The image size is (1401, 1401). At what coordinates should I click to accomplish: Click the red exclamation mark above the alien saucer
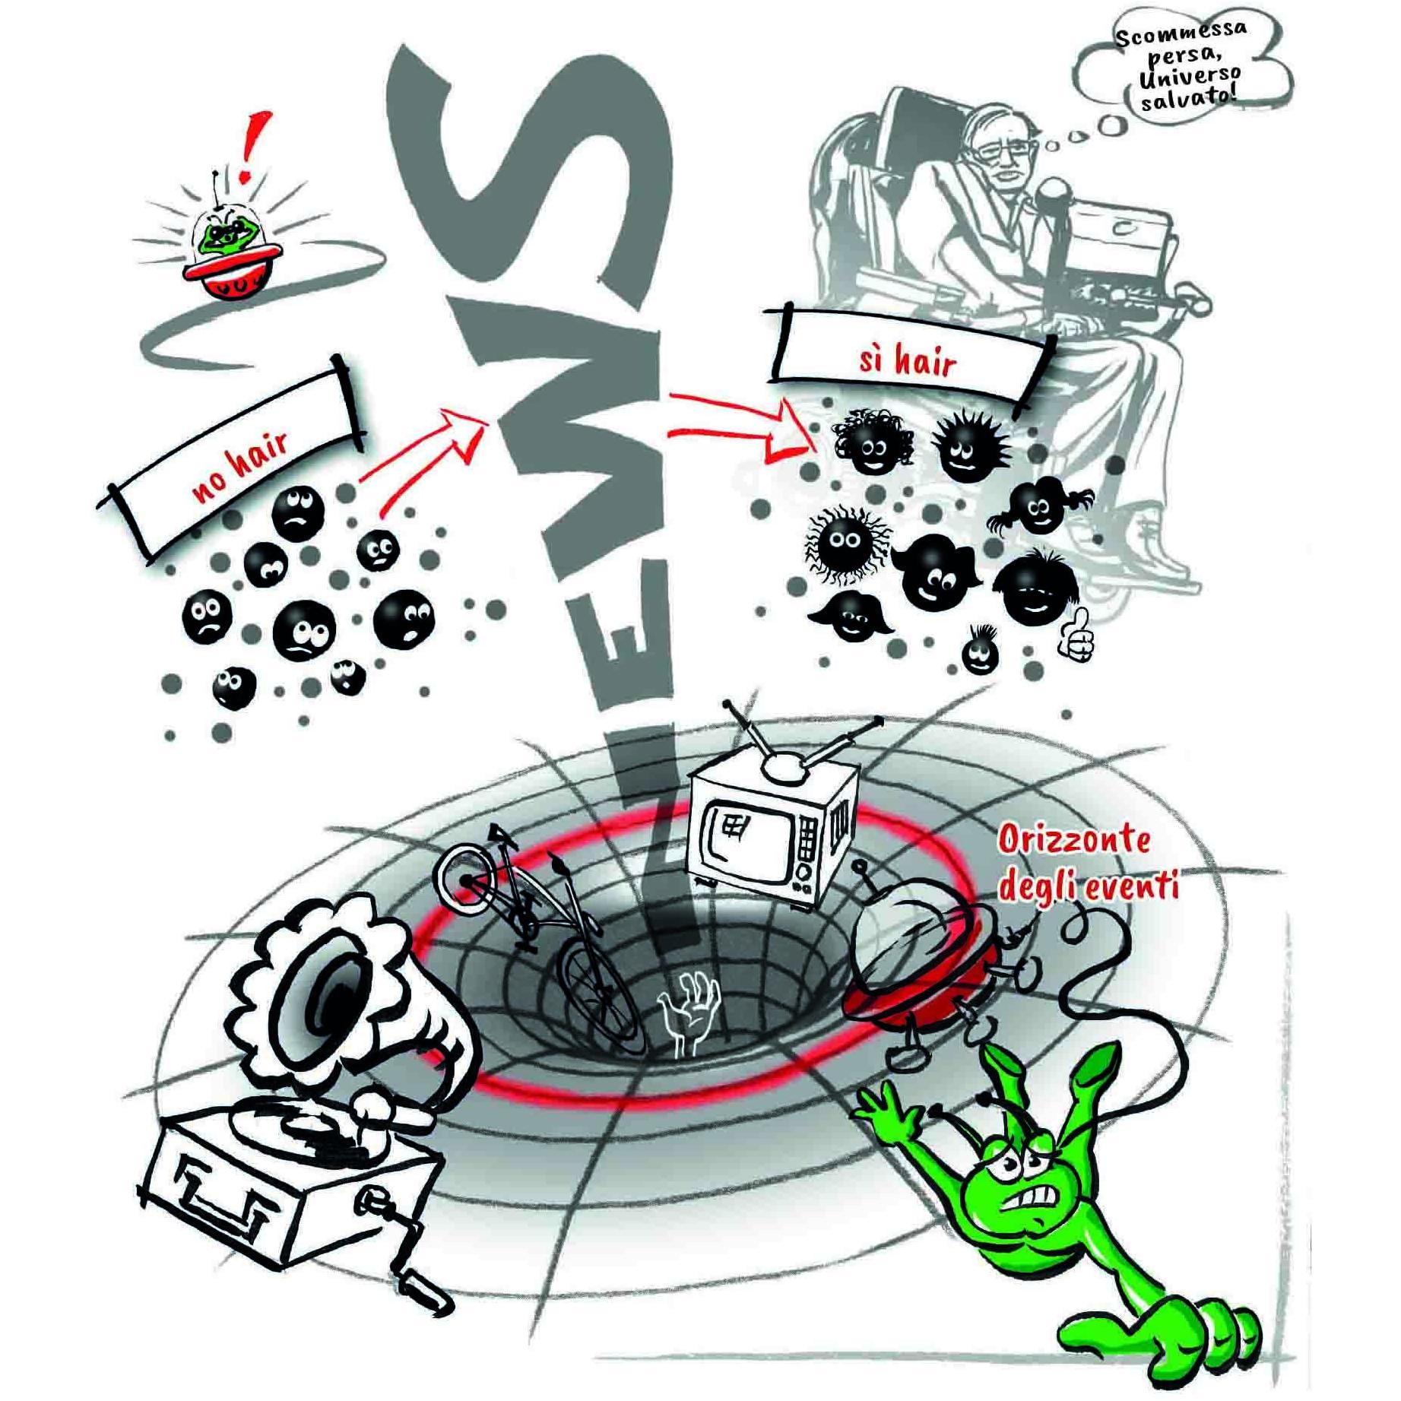pyautogui.click(x=255, y=147)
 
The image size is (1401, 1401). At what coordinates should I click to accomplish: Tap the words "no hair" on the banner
pyautogui.click(x=240, y=464)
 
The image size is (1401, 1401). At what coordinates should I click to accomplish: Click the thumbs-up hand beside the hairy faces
pyautogui.click(x=1076, y=634)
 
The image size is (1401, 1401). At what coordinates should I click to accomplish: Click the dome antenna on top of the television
pyautogui.click(x=783, y=768)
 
